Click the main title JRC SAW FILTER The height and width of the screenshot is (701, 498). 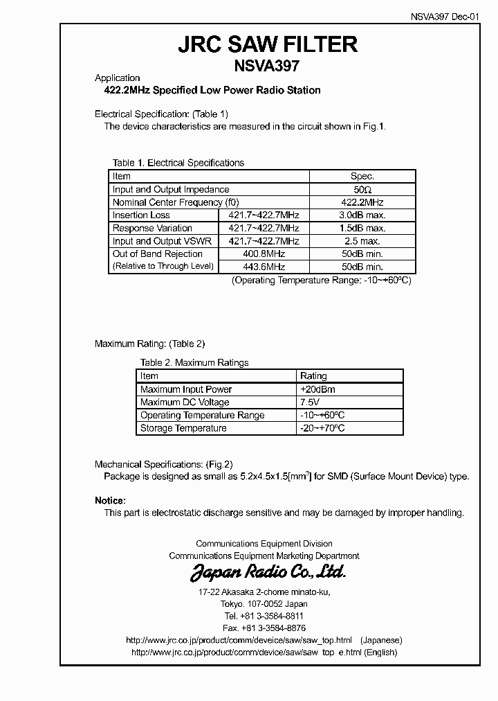point(268,44)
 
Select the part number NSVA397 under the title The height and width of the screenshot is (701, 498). point(268,66)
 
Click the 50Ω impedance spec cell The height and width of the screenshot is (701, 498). point(362,189)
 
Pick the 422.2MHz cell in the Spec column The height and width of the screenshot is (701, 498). point(362,202)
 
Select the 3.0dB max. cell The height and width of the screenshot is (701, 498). point(362,215)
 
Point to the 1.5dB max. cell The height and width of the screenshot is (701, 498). point(362,228)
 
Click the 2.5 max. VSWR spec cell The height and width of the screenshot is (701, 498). point(362,241)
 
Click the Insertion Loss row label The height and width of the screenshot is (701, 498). point(141,215)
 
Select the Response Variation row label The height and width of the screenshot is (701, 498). point(152,228)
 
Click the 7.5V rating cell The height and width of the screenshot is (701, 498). point(309,402)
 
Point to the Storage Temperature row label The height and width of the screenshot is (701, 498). point(183,428)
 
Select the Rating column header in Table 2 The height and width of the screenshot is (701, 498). point(313,376)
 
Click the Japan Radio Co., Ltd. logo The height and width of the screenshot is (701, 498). point(268,572)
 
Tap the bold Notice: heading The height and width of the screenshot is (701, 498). point(110,500)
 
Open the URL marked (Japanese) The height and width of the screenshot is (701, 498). point(239,640)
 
